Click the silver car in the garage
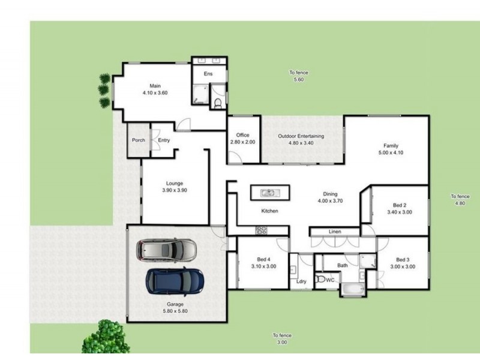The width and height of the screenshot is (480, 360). (x=165, y=249)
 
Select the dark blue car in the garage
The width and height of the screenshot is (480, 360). (x=175, y=280)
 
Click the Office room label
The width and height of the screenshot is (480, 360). (x=242, y=136)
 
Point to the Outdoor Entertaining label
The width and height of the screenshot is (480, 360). (x=301, y=136)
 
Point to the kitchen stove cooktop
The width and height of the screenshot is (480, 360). (x=262, y=230)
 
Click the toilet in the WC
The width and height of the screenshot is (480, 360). (x=321, y=280)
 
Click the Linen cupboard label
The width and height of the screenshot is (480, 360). (x=335, y=232)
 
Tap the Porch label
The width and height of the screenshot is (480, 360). (x=139, y=140)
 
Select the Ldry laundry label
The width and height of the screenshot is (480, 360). (x=301, y=281)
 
